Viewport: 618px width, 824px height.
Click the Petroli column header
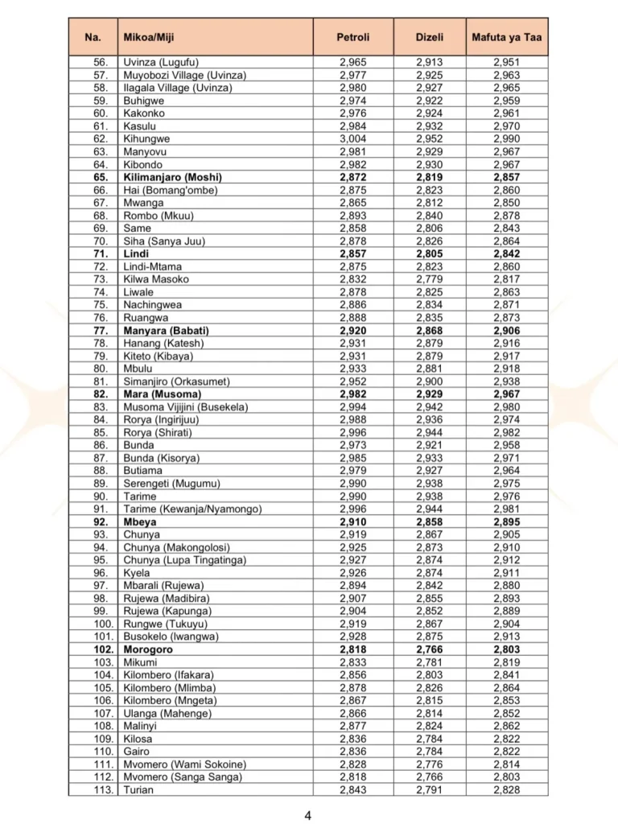coord(352,38)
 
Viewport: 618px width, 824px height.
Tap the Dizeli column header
coord(430,38)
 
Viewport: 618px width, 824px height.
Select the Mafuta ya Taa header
coord(506,38)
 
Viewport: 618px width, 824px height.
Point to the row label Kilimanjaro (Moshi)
coord(172,177)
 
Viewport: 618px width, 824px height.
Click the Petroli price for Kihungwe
coord(352,138)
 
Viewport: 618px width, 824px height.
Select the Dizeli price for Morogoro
coord(430,649)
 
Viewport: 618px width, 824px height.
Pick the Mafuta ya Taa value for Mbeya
coord(506,521)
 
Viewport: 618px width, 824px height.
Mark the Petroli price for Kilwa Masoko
coord(352,279)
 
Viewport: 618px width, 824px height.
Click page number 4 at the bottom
coord(308,815)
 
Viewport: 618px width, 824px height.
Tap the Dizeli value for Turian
coord(430,789)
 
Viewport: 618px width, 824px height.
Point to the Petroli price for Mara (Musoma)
coord(352,394)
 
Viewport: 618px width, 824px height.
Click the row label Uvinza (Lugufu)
coord(161,62)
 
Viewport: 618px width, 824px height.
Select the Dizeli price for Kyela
coord(430,573)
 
